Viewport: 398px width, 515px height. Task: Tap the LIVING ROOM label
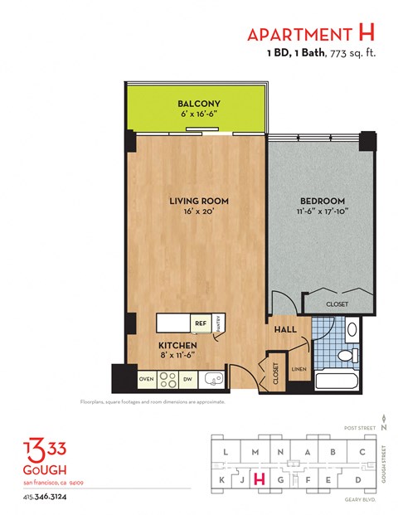pyautogui.click(x=199, y=202)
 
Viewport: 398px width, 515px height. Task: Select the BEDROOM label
pyautogui.click(x=321, y=202)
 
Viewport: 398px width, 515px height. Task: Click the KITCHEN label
pyautogui.click(x=177, y=344)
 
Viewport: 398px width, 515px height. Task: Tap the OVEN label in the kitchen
pyautogui.click(x=146, y=379)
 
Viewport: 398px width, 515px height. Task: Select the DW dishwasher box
pyautogui.click(x=188, y=379)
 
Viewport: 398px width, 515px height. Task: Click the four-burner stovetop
pyautogui.click(x=167, y=379)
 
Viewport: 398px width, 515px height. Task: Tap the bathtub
pyautogui.click(x=337, y=383)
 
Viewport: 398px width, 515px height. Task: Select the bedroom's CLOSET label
pyautogui.click(x=337, y=304)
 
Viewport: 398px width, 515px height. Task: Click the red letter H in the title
pyautogui.click(x=365, y=34)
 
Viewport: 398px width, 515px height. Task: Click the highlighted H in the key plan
pyautogui.click(x=259, y=478)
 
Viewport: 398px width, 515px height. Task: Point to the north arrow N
pyautogui.click(x=385, y=417)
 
